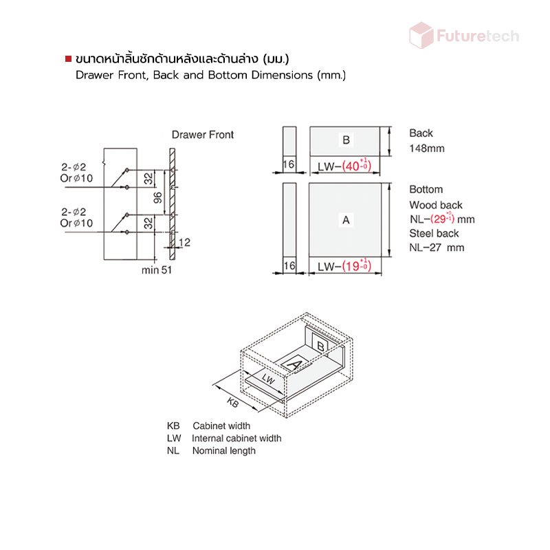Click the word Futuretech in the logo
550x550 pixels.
point(477,36)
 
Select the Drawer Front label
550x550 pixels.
point(203,135)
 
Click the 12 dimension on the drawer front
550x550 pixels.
point(184,242)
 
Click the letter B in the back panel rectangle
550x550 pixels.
point(346,140)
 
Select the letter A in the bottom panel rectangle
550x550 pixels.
point(346,220)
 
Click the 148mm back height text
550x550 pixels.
point(426,148)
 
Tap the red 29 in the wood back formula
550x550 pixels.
point(440,219)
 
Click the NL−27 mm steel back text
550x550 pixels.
point(437,247)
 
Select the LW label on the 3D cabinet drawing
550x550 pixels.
point(268,380)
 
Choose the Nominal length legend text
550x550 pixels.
point(223,450)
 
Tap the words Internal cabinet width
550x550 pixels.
point(236,438)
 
